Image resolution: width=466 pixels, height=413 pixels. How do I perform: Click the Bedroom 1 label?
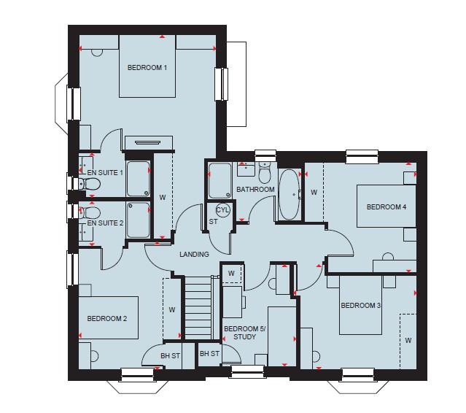tap(147, 67)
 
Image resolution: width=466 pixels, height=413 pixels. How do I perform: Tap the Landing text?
tap(195, 254)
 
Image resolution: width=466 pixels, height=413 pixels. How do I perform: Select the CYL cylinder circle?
tap(222, 210)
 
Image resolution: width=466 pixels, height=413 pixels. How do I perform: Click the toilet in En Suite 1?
tap(89, 184)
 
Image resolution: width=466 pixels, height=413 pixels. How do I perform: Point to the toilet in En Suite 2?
tap(89, 212)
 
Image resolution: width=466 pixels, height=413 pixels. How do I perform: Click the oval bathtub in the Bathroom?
tap(290, 194)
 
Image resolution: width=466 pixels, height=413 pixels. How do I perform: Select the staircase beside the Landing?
tap(198, 308)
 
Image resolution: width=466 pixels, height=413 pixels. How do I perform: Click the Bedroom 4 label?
tap(387, 206)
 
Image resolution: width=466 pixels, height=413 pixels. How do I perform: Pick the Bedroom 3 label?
tap(360, 305)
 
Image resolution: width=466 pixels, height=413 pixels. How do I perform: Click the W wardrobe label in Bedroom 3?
tap(408, 340)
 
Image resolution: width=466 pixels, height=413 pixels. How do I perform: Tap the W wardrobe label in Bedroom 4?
tap(314, 193)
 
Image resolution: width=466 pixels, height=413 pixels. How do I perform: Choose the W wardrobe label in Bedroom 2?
tap(172, 310)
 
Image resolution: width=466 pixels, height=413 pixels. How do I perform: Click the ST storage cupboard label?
tap(213, 222)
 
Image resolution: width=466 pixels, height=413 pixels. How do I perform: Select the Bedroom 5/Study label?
tap(245, 333)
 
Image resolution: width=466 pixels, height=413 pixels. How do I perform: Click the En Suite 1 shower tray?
tap(138, 179)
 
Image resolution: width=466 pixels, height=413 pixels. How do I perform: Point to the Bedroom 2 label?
tap(107, 318)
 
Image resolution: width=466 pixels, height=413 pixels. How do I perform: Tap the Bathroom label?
tap(255, 190)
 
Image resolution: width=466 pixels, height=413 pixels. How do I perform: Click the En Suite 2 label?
tap(105, 223)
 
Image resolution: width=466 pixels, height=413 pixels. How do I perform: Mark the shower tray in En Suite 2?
tap(138, 220)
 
